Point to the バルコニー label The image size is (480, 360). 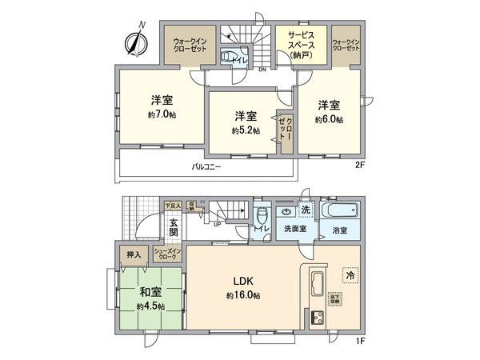click(206, 167)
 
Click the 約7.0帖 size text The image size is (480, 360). click(162, 115)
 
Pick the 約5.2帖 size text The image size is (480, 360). click(245, 130)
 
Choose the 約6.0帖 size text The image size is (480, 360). click(329, 119)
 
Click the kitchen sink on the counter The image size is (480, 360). click(315, 283)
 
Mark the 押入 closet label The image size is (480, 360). click(134, 255)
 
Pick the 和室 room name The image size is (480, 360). click(150, 291)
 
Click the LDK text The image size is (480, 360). click(243, 281)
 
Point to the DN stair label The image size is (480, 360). click(262, 69)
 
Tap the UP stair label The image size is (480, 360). click(217, 223)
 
